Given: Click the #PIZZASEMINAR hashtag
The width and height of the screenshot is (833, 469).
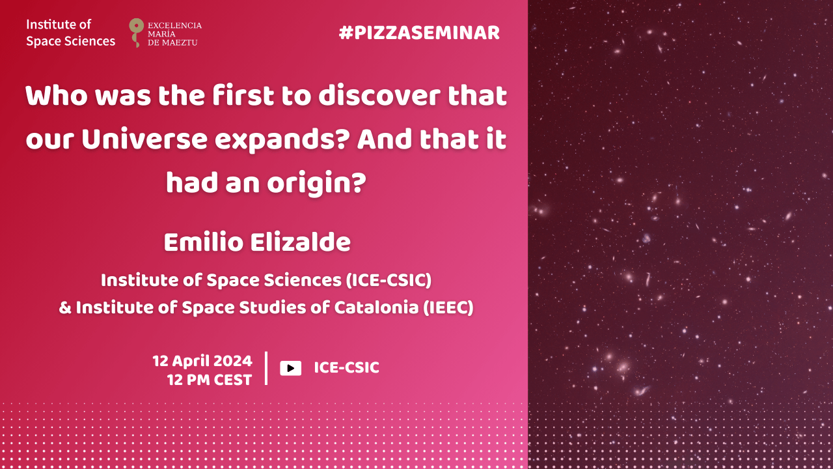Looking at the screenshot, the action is (419, 33).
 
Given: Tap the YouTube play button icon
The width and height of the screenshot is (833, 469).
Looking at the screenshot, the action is (290, 368).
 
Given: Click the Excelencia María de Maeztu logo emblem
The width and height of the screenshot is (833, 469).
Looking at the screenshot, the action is (136, 33).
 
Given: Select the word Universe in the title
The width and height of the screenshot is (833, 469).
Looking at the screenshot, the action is (144, 139).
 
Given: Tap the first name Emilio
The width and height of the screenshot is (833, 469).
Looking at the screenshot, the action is (204, 242).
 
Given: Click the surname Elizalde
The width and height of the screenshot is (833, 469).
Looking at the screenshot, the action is (301, 242).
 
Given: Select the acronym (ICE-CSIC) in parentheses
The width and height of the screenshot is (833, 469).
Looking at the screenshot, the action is (389, 280).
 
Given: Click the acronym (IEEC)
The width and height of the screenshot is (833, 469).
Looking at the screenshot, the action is (448, 308).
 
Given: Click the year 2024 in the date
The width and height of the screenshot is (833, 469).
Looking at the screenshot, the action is (233, 361).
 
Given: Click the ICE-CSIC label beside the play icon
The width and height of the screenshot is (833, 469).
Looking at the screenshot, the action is (347, 368).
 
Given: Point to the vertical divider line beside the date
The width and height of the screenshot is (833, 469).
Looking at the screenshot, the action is (266, 368).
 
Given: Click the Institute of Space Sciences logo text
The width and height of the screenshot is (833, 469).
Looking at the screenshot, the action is (71, 33).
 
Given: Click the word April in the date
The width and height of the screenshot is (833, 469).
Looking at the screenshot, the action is (191, 362).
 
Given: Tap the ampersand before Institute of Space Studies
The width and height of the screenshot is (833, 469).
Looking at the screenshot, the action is (65, 308).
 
